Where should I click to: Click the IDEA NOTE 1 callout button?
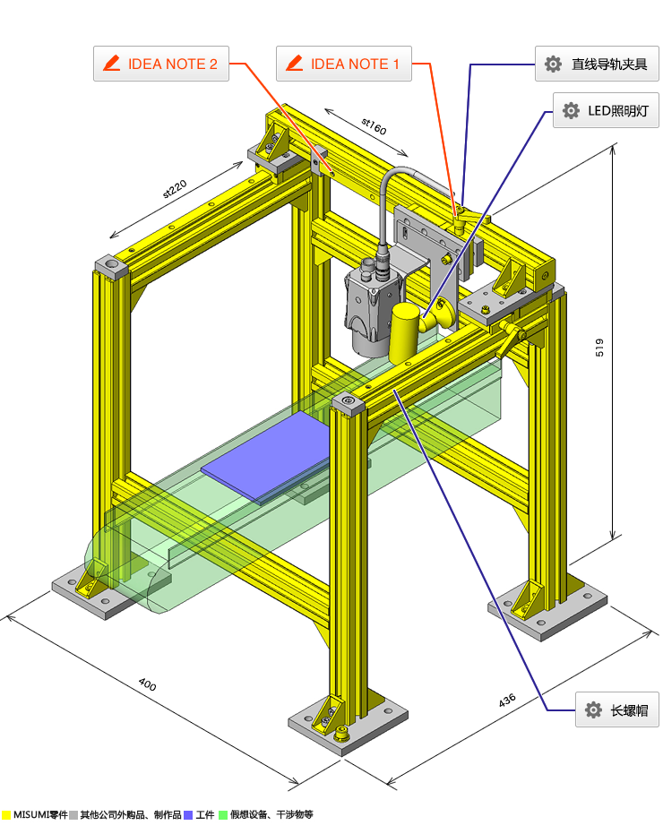pyautogui.click(x=344, y=64)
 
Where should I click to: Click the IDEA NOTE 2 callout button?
pyautogui.click(x=161, y=64)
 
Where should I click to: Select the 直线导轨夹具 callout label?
pyautogui.click(x=597, y=64)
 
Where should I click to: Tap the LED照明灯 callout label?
pyautogui.click(x=606, y=110)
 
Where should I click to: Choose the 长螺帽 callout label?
pyautogui.click(x=617, y=709)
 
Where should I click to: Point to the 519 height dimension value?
pyautogui.click(x=599, y=348)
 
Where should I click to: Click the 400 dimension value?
pyautogui.click(x=148, y=684)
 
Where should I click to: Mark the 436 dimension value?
pyautogui.click(x=507, y=700)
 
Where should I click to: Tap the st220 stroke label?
pyautogui.click(x=175, y=189)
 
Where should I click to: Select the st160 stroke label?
pyautogui.click(x=374, y=126)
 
